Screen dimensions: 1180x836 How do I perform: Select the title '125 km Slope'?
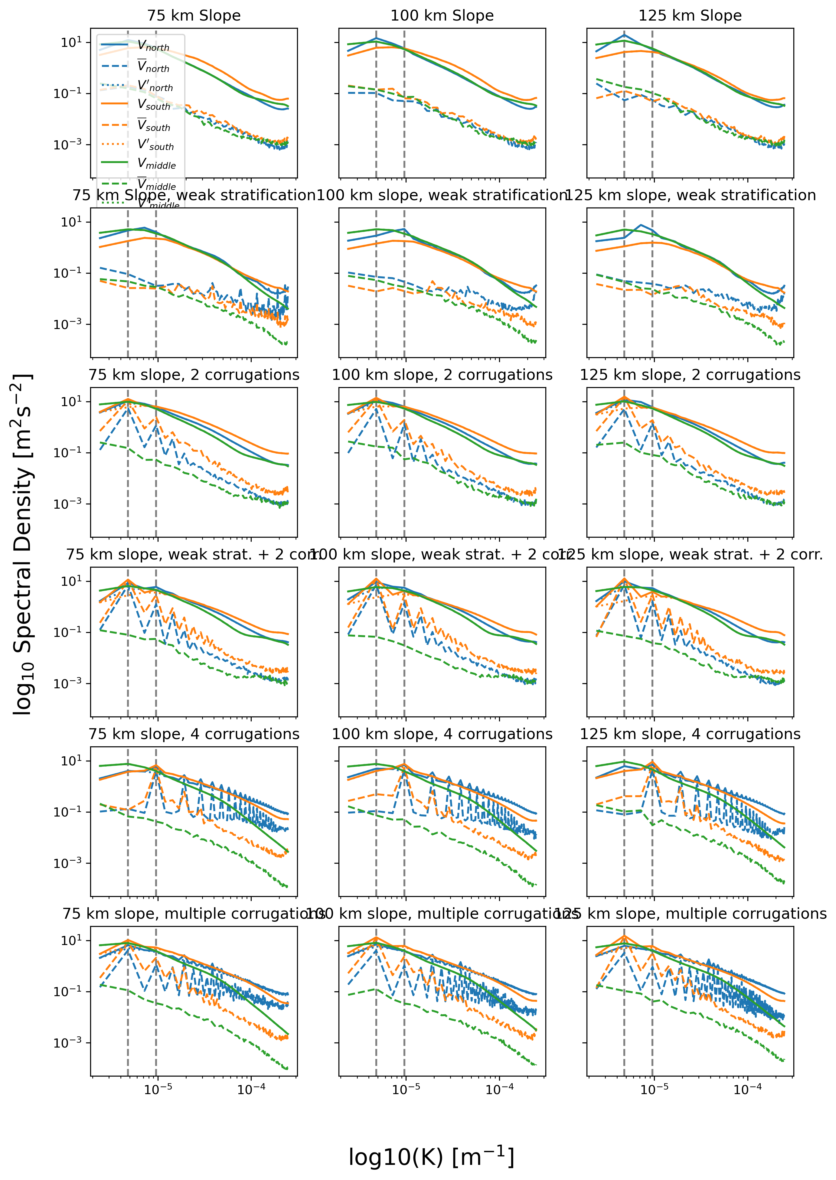click(x=690, y=15)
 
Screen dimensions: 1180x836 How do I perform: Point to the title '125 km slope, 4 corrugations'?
click(x=690, y=734)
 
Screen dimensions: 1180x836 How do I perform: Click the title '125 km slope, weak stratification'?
click(x=690, y=195)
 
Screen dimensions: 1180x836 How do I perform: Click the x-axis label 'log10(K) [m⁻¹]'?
click(x=431, y=1157)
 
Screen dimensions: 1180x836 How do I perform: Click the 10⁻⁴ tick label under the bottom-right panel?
click(x=747, y=1090)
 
